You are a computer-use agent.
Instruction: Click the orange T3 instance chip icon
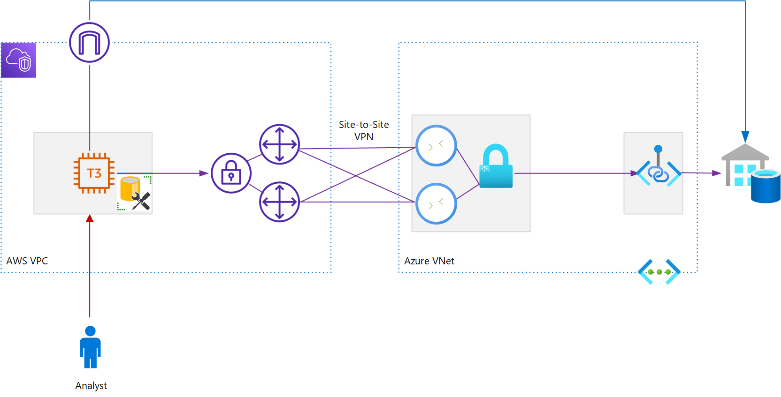click(x=94, y=173)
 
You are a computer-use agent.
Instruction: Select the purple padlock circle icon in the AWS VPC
click(x=231, y=173)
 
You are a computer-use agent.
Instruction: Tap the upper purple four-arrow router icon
click(x=279, y=144)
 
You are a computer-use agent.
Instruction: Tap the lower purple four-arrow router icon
click(x=279, y=202)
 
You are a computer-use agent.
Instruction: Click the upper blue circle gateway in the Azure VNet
click(x=436, y=146)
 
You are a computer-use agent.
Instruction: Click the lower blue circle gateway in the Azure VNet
click(x=436, y=203)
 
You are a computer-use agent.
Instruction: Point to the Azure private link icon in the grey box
click(x=658, y=172)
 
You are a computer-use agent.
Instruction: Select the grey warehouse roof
click(x=745, y=152)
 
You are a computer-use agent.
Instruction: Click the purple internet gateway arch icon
click(x=89, y=42)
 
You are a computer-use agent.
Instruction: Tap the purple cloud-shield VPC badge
click(x=19, y=60)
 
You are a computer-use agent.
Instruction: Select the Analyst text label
click(x=91, y=386)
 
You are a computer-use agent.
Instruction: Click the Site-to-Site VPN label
click(x=364, y=131)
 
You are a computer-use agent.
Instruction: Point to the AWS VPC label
click(x=27, y=261)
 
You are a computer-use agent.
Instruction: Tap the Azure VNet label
click(x=429, y=261)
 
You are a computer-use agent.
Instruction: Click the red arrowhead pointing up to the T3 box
click(x=90, y=218)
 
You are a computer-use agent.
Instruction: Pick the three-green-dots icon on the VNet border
click(x=659, y=272)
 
